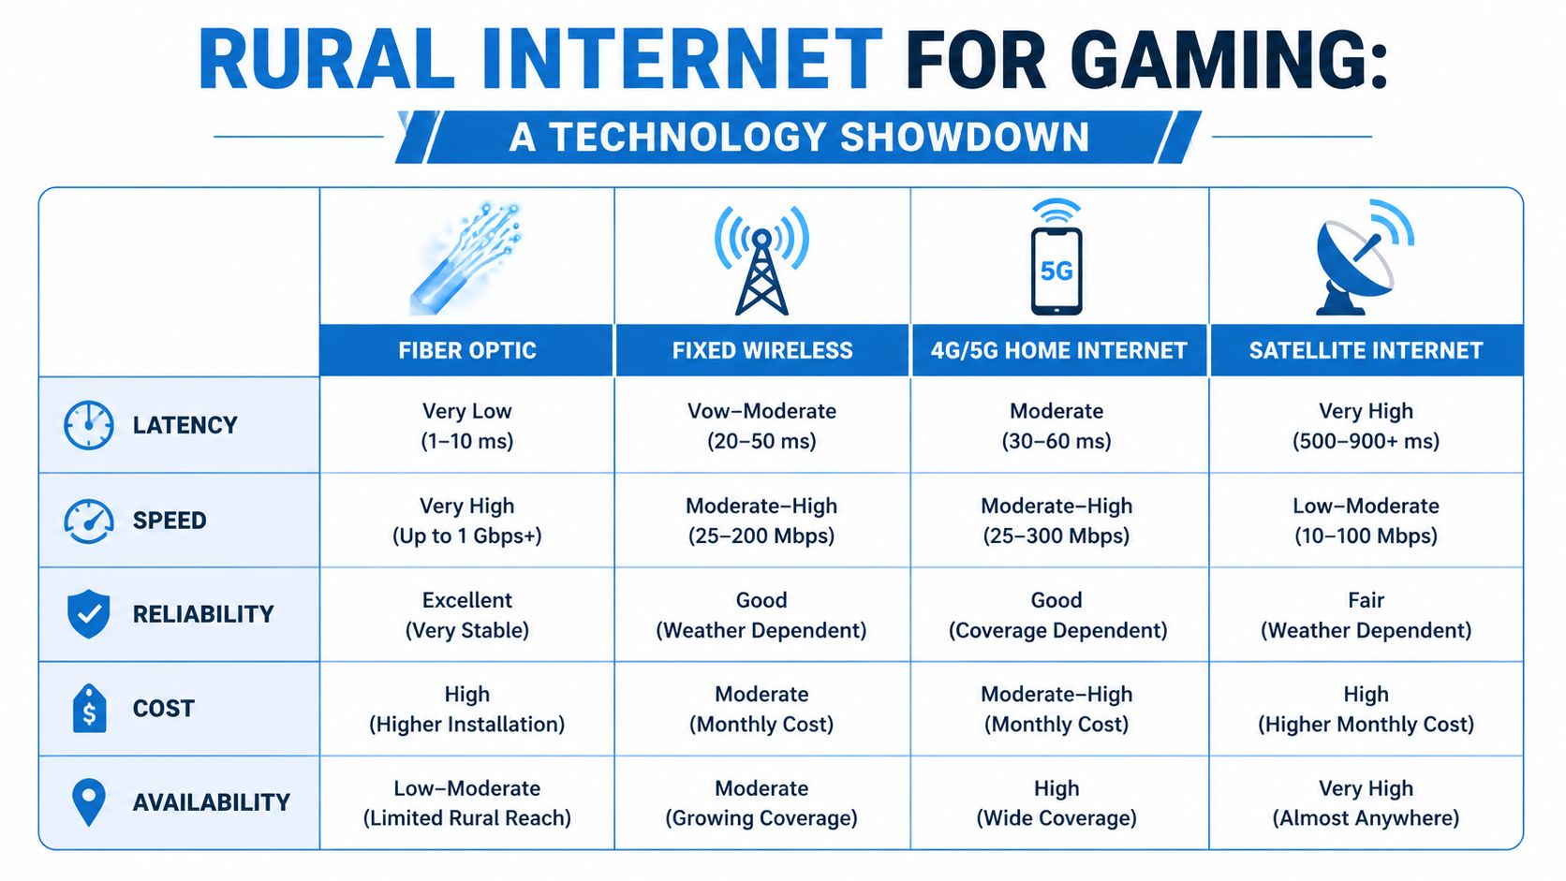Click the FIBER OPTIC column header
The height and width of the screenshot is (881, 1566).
click(466, 350)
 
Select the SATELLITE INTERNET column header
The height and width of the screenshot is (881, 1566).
click(1365, 350)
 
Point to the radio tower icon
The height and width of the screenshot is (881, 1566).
click(761, 262)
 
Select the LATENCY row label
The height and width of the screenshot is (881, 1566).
click(185, 425)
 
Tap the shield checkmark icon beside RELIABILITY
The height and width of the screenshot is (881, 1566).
click(89, 614)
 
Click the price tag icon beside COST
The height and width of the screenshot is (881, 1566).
click(89, 709)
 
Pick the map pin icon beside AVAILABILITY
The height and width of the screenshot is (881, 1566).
click(89, 801)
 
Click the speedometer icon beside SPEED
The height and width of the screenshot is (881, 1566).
click(89, 521)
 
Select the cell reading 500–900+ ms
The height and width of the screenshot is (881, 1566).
click(1365, 426)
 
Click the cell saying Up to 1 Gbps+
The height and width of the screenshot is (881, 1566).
click(466, 521)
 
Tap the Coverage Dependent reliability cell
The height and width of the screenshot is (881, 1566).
click(1057, 615)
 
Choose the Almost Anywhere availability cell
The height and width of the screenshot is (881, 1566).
click(1365, 803)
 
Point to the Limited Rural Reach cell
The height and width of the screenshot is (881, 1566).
click(466, 803)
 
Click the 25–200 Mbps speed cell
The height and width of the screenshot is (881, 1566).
click(761, 521)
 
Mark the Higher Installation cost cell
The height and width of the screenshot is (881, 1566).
click(466, 709)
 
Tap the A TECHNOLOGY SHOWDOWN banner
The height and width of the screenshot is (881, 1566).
click(799, 138)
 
